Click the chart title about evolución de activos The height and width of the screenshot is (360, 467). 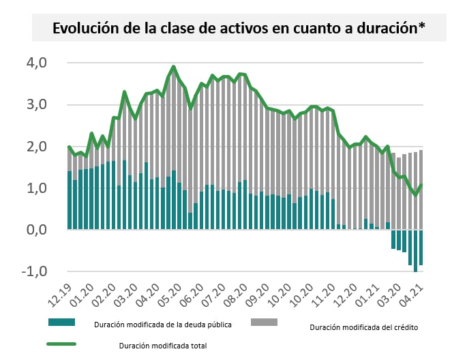[239, 28]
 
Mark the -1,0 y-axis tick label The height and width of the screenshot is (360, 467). [34, 271]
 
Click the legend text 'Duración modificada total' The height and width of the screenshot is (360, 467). [162, 345]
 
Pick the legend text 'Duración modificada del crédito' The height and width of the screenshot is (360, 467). [363, 327]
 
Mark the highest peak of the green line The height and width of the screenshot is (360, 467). [174, 67]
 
